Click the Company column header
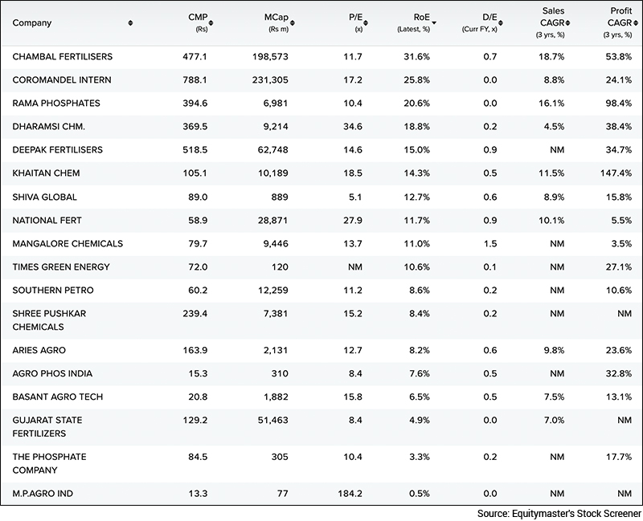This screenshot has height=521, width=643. tap(32, 22)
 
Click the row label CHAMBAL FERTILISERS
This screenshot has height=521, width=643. tap(63, 57)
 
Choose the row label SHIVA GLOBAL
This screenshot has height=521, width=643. tap(45, 197)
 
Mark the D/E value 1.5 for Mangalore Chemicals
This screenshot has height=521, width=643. tap(489, 243)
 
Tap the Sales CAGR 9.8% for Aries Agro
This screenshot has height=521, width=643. tap(553, 350)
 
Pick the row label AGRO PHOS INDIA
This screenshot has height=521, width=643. tap(53, 373)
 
